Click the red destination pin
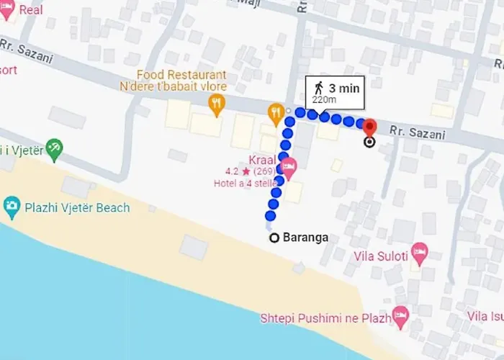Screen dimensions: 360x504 pyautogui.click(x=369, y=127)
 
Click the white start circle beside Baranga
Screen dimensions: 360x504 pyautogui.click(x=274, y=238)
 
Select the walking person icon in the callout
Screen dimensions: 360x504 pyautogui.click(x=318, y=88)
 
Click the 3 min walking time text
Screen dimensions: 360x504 pyautogui.click(x=343, y=88)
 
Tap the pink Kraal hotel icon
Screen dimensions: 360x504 pyautogui.click(x=289, y=171)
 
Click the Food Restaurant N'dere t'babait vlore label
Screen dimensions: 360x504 pyautogui.click(x=184, y=81)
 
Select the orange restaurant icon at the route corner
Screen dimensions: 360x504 pyautogui.click(x=274, y=112)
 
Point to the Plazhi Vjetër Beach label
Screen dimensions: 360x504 pyautogui.click(x=76, y=208)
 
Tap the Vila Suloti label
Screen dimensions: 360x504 pyautogui.click(x=381, y=256)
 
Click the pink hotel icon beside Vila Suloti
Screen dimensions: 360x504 pyautogui.click(x=418, y=253)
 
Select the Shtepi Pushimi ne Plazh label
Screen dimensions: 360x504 pyautogui.click(x=325, y=318)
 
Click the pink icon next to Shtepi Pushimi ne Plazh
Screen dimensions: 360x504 pyautogui.click(x=400, y=315)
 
